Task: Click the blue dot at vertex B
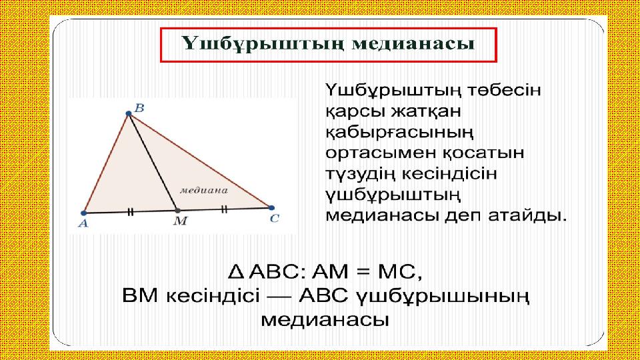(129, 113)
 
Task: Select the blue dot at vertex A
(84, 213)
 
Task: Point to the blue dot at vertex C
(271, 208)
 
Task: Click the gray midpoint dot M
(177, 211)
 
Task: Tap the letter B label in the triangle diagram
(139, 108)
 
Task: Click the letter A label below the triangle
(83, 223)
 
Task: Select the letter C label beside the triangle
(274, 219)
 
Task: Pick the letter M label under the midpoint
(180, 221)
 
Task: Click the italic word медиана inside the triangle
(204, 190)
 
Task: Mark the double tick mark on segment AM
(130, 212)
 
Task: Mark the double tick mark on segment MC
(224, 209)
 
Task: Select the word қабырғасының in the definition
(399, 133)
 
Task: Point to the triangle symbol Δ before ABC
(236, 271)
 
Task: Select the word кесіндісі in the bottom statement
(213, 295)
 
